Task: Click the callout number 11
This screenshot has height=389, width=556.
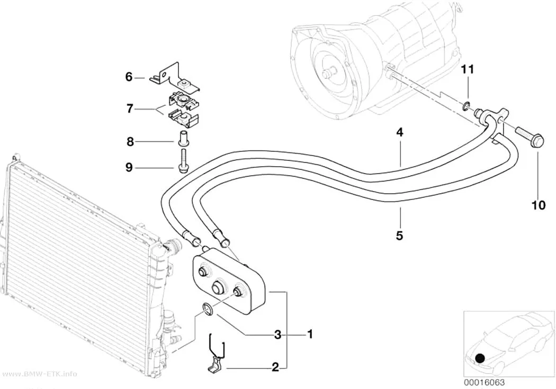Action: (x=467, y=69)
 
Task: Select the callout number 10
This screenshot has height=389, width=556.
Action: (x=539, y=205)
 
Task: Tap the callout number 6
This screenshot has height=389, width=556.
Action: (x=129, y=77)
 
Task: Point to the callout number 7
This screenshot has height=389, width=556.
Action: (x=130, y=108)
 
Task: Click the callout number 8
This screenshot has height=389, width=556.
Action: (x=130, y=142)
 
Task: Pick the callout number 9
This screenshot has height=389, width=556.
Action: (x=129, y=167)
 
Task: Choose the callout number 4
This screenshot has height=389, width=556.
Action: (x=400, y=132)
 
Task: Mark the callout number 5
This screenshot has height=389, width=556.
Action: (x=400, y=235)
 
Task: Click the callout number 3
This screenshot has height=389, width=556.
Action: (x=277, y=334)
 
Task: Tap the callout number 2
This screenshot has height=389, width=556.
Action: (x=275, y=367)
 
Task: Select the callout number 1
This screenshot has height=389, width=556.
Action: (x=310, y=334)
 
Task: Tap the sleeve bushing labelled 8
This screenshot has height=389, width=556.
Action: (x=183, y=138)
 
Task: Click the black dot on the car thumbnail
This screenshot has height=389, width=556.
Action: (x=480, y=358)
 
